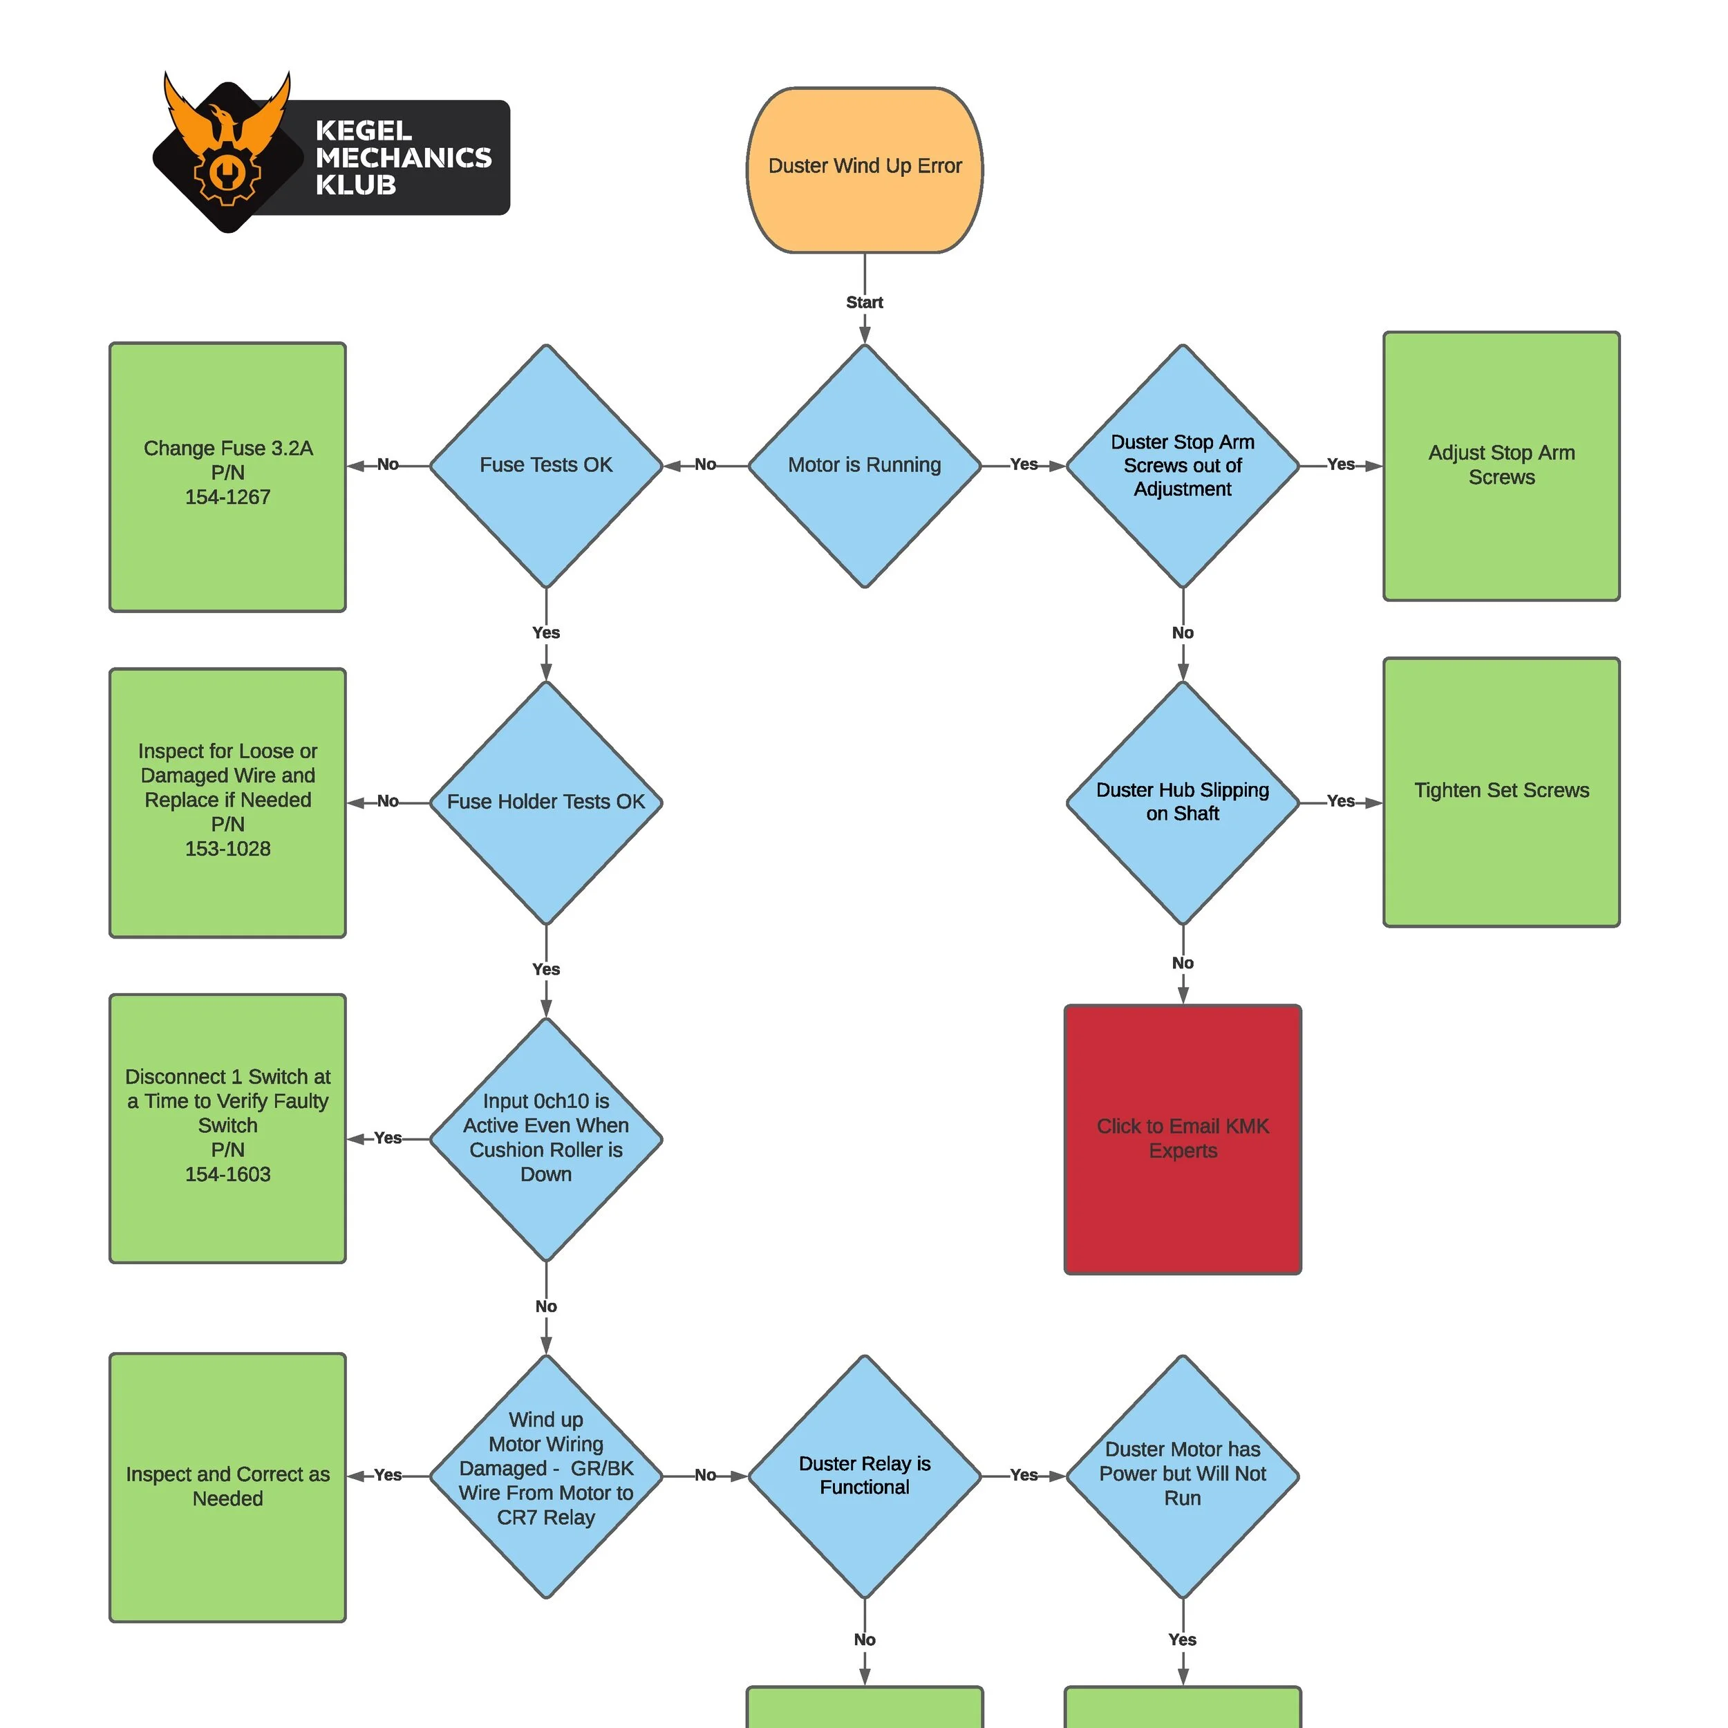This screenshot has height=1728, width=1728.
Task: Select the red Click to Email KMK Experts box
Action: click(1183, 1138)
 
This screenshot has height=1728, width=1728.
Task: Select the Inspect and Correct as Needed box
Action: click(227, 1487)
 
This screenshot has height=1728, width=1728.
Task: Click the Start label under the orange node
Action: click(864, 302)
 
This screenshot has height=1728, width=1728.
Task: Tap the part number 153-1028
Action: click(227, 849)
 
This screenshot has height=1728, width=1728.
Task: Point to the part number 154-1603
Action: click(227, 1174)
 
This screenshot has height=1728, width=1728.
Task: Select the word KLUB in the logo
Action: click(355, 186)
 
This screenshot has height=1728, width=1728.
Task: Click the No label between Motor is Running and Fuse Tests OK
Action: click(705, 464)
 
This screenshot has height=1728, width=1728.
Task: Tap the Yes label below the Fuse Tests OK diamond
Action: click(545, 632)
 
